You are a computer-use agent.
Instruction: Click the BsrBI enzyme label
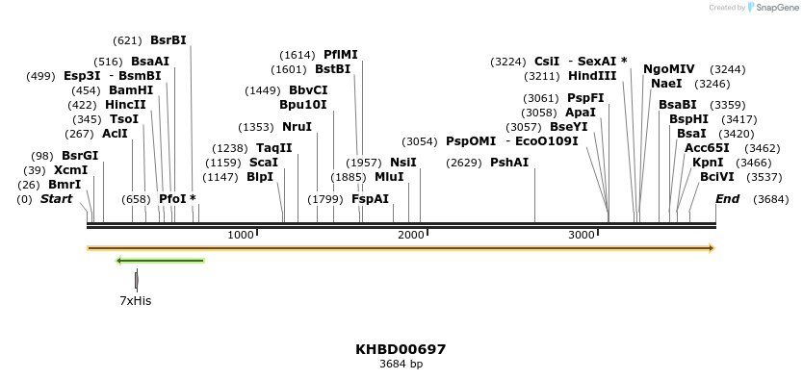click(x=168, y=40)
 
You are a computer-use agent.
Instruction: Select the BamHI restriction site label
click(x=131, y=90)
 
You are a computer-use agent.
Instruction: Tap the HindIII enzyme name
click(x=592, y=76)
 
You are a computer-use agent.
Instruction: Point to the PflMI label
click(x=341, y=55)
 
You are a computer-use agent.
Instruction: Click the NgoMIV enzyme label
click(x=669, y=69)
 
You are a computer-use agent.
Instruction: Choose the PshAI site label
click(x=509, y=163)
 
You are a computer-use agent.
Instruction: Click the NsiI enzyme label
click(x=403, y=163)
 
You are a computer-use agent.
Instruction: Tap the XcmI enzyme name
click(x=70, y=170)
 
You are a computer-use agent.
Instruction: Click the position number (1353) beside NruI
click(x=257, y=127)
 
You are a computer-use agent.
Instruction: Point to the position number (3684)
click(x=771, y=199)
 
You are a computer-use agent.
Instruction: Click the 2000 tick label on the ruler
click(x=411, y=235)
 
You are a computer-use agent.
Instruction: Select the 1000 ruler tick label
click(x=241, y=235)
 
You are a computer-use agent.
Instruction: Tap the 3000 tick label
click(x=582, y=235)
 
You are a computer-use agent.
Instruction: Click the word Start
click(x=56, y=199)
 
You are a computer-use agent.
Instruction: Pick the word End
click(x=728, y=199)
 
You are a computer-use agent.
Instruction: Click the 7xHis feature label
click(x=135, y=300)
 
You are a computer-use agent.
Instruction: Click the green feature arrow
click(x=160, y=260)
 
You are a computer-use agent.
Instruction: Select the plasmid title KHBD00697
click(x=401, y=349)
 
